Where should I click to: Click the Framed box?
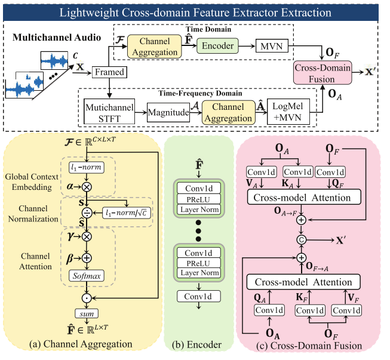pos(109,72)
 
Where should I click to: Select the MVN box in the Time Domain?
pos(272,45)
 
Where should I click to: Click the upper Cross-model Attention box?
pos(302,198)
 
